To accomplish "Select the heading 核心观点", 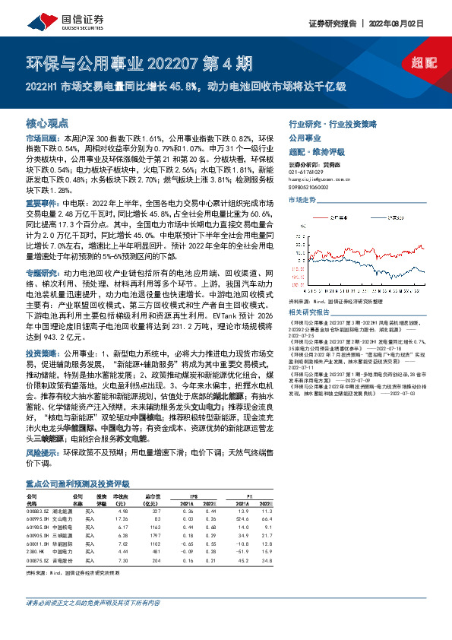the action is pos(48,122).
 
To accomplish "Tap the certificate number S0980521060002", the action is pos(314,187).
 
